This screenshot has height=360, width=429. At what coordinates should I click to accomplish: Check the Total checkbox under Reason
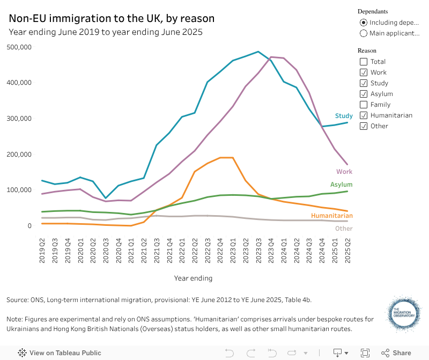click(364, 62)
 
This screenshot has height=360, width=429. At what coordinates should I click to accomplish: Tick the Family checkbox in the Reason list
click(364, 105)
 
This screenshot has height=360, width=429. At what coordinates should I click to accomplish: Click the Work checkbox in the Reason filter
click(364, 72)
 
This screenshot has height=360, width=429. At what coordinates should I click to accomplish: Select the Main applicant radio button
click(364, 33)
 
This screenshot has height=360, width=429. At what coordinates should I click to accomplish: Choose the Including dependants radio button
click(364, 23)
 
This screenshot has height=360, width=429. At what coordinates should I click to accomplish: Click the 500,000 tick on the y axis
click(20, 47)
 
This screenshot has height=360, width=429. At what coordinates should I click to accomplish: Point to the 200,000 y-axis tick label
click(20, 155)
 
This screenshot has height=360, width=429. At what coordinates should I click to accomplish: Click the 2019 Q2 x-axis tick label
click(42, 250)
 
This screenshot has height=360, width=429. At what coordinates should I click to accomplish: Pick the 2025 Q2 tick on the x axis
click(347, 250)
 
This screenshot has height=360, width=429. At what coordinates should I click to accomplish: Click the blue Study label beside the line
click(344, 116)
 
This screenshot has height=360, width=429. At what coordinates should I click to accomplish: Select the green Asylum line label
click(341, 185)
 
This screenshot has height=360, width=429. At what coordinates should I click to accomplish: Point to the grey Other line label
click(344, 229)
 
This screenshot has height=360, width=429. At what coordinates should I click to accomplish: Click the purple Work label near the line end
click(344, 172)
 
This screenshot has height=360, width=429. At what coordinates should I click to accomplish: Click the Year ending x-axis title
click(193, 278)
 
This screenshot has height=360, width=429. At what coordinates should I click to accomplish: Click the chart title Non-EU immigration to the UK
click(112, 19)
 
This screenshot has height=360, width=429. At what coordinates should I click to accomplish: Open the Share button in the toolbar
click(396, 353)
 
